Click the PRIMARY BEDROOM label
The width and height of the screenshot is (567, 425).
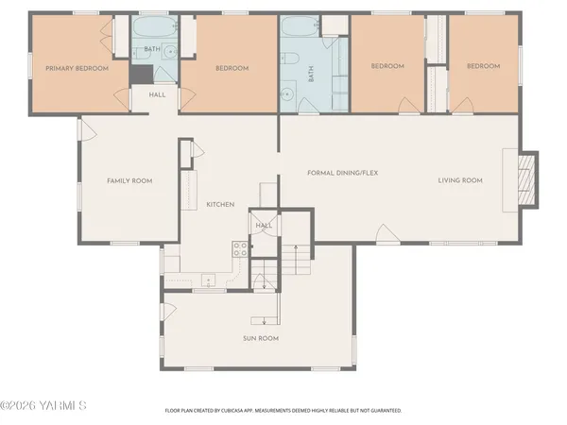[77, 68]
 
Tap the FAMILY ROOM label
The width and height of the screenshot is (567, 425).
[129, 180]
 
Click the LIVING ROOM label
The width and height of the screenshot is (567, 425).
[460, 180]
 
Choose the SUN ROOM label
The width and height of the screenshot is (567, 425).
[260, 338]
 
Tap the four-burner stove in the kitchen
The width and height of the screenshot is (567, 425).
[239, 250]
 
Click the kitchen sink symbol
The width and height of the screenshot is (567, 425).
[206, 278]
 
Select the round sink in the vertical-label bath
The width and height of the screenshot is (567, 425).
[285, 95]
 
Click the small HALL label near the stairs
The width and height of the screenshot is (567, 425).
[264, 226]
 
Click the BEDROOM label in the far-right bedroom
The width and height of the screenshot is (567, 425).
[483, 66]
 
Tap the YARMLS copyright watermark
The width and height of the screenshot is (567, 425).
[43, 406]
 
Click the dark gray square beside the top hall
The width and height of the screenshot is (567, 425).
[140, 75]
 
